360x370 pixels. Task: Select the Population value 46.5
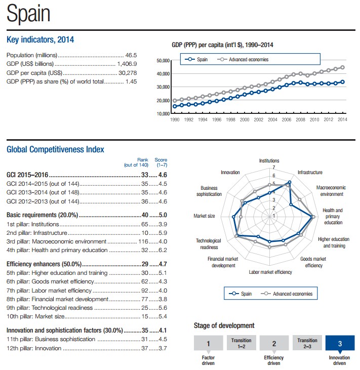point(131,55)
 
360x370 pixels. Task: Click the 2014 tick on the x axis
point(342,119)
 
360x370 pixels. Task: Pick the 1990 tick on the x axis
point(175,119)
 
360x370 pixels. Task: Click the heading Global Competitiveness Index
point(55,149)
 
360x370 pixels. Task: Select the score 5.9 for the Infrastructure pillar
point(162,233)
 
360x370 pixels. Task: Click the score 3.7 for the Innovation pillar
point(162,348)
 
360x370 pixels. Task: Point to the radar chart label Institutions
point(269,161)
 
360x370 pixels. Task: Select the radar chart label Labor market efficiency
point(270,272)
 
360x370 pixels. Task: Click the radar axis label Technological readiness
point(209,244)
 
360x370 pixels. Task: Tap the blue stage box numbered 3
point(339,344)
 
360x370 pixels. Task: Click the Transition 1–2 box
point(241,343)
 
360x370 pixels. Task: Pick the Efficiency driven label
point(274,360)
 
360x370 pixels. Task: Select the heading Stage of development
point(224,325)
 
